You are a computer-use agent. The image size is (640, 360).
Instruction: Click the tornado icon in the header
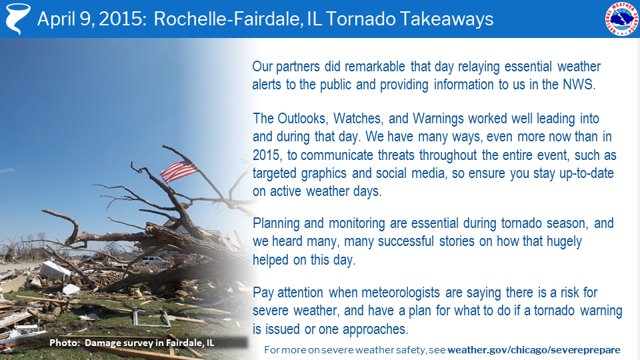coord(18,19)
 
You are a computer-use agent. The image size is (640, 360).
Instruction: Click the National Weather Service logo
coord(621,19)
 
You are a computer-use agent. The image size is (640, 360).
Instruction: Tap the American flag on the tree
coord(179,171)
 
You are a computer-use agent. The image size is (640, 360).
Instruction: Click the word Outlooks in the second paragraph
coord(302,119)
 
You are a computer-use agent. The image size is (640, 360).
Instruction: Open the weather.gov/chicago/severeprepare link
coord(534,350)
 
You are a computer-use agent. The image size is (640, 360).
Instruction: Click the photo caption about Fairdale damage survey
coord(132,343)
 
